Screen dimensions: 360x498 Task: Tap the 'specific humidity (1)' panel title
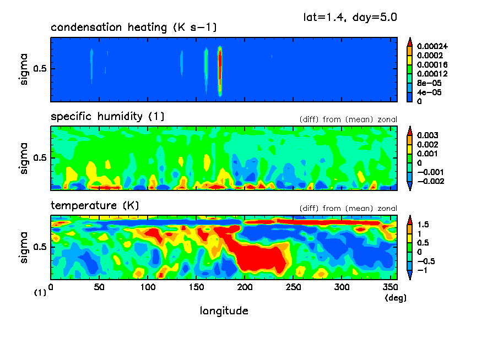click(x=107, y=117)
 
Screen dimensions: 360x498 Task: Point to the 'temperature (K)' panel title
click(x=95, y=206)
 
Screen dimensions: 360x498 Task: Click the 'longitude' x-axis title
click(x=224, y=311)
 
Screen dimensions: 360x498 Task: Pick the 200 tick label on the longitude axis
click(x=245, y=287)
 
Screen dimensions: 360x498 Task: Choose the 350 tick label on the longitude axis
click(x=391, y=287)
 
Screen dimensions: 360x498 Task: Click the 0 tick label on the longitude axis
click(x=51, y=287)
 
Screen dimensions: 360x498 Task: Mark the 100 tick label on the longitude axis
click(x=148, y=287)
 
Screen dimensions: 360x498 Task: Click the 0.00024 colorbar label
click(x=432, y=46)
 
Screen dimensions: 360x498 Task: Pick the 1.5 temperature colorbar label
click(x=423, y=225)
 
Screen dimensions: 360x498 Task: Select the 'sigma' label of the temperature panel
click(x=23, y=248)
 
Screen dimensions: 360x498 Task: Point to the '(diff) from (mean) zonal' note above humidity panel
click(x=348, y=119)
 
